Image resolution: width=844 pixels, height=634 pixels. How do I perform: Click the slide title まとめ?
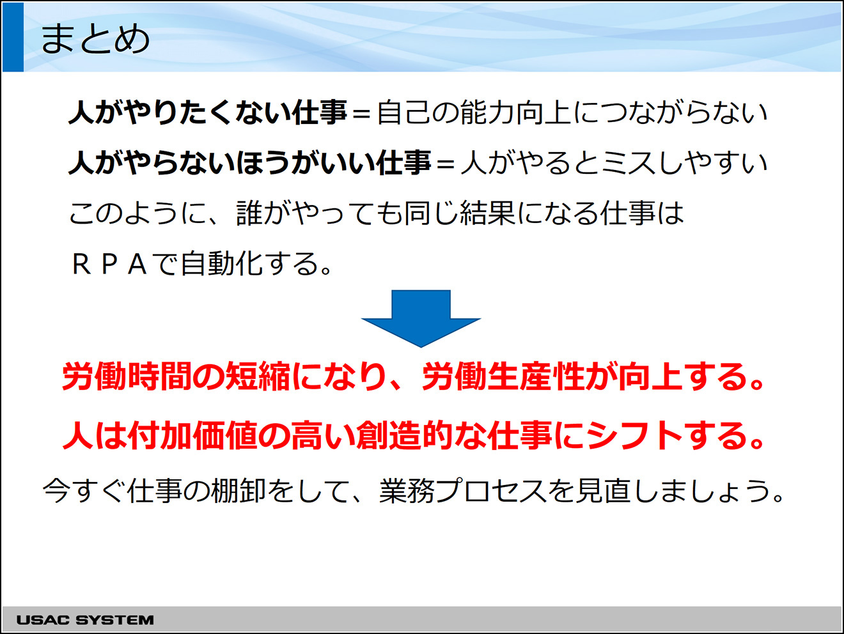[95, 39]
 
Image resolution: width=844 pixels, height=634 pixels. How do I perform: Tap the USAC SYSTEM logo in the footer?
[85, 620]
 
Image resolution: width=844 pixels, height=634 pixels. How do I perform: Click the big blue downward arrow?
[421, 318]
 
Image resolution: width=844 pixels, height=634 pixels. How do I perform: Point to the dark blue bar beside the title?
[13, 37]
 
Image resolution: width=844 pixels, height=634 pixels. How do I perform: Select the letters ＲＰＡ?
[109, 265]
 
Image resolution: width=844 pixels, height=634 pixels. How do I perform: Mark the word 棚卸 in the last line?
[238, 491]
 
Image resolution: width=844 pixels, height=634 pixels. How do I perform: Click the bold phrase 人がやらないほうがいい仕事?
[249, 164]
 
